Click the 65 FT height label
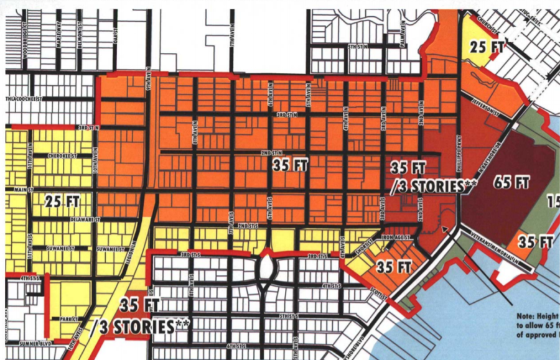click(x=513, y=183)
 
